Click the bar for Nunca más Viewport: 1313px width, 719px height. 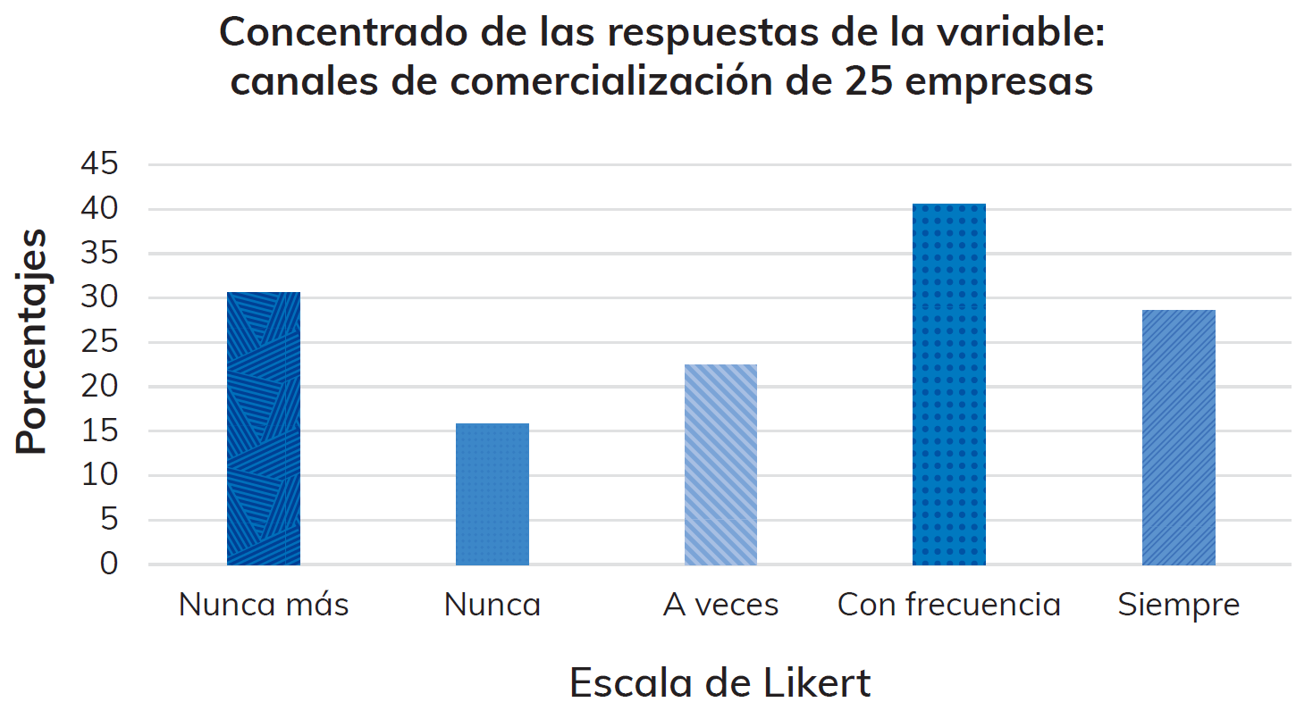click(264, 429)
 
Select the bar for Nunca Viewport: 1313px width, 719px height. click(492, 494)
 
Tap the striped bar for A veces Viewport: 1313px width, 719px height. click(720, 464)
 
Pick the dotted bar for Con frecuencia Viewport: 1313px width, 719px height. click(949, 384)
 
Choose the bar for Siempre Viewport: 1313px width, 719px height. click(1178, 438)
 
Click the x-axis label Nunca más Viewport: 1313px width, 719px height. click(264, 605)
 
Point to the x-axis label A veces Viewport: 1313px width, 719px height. click(720, 605)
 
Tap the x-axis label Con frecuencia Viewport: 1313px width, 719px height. click(949, 605)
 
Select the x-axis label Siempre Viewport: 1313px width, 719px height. click(1178, 605)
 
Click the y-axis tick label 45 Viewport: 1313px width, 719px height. click(99, 164)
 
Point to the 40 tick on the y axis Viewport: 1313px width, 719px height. click(99, 209)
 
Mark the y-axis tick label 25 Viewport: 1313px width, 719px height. click(99, 342)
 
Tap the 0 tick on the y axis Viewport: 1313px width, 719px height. click(108, 564)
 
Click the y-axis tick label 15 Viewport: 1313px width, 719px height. click(99, 431)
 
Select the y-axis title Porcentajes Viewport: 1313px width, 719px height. click(32, 341)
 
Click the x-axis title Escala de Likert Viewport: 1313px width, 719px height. click(720, 683)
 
